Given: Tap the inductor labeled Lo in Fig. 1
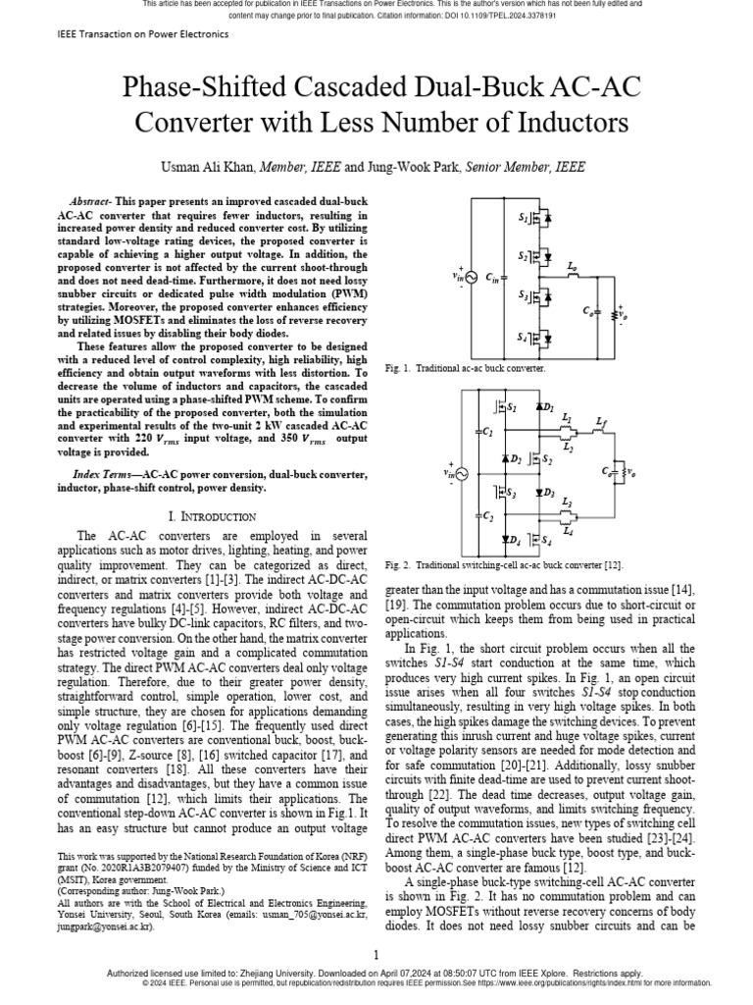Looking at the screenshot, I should click(574, 274).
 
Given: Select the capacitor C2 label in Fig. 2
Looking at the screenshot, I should click(487, 515).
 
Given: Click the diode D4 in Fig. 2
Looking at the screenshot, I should click(509, 539).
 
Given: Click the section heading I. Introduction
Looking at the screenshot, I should click(213, 516).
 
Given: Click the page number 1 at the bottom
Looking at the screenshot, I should click(376, 955).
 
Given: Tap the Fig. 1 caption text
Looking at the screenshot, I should click(465, 367).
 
